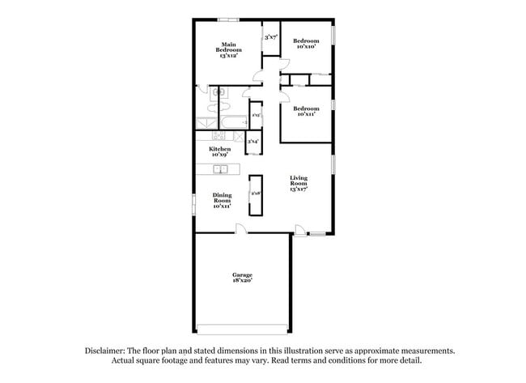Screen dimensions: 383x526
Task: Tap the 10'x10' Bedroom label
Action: tap(305, 43)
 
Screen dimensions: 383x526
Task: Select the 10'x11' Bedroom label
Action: tap(305, 112)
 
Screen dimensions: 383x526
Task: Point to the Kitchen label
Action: tap(220, 151)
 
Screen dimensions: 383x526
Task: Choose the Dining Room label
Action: tap(223, 200)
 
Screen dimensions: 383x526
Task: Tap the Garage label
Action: tap(242, 278)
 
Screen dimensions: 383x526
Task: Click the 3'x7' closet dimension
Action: tap(270, 37)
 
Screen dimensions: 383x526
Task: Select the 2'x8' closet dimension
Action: tap(255, 194)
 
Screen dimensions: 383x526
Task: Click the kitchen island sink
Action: tap(219, 169)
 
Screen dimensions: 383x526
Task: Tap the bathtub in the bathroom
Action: tap(233, 123)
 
